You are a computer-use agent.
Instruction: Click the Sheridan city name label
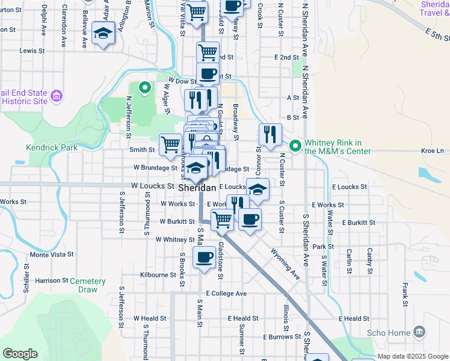coord(197,188)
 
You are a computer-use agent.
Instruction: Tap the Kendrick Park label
coord(52,147)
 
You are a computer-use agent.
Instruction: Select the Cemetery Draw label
coord(87,285)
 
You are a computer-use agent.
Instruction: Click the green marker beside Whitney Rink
coord(295,146)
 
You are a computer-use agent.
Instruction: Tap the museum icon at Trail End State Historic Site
coord(58,96)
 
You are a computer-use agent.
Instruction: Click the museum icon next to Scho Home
coord(420,332)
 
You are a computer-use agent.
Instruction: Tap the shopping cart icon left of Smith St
coord(171,144)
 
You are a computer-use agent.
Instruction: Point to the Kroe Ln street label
coord(432,150)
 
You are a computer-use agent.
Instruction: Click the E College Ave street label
coord(226,294)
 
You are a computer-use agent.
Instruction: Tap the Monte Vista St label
coord(52,255)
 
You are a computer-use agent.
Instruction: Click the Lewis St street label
coord(28,51)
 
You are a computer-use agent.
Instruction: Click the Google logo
coord(20,354)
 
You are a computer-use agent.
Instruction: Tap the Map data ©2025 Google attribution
coord(413,357)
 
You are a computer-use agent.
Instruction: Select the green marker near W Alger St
coord(144,88)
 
